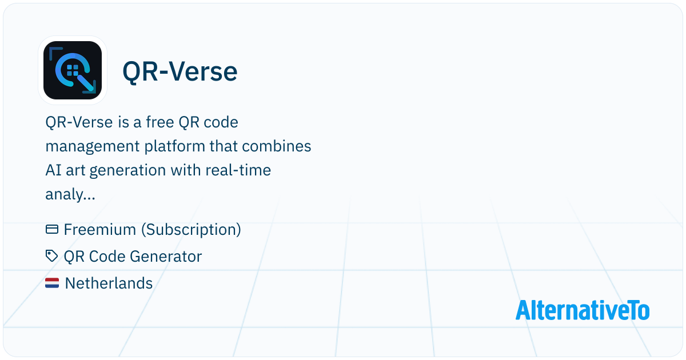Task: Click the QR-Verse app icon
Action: pyautogui.click(x=73, y=70)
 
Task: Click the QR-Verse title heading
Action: pyautogui.click(x=180, y=71)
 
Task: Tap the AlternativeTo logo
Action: pyautogui.click(x=583, y=310)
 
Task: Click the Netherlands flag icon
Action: pyautogui.click(x=52, y=283)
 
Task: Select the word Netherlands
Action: pyautogui.click(x=109, y=283)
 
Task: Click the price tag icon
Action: pyautogui.click(x=51, y=256)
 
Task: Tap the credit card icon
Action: pyautogui.click(x=52, y=229)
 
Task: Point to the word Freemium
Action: pyautogui.click(x=100, y=230)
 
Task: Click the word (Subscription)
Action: pyautogui.click(x=191, y=230)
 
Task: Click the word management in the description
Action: pyautogui.click(x=93, y=147)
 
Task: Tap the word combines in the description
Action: pyautogui.click(x=277, y=146)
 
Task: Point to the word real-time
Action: pyautogui.click(x=238, y=170)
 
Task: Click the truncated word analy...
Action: pyautogui.click(x=70, y=194)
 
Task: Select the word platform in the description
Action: pyautogui.click(x=174, y=147)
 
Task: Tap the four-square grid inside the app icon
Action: pyautogui.click(x=73, y=70)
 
